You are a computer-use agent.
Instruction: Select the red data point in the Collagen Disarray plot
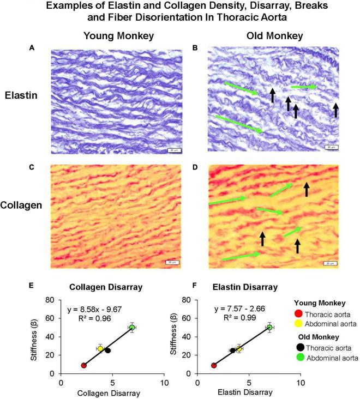[x=83, y=365]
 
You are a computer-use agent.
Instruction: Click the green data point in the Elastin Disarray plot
[x=269, y=327]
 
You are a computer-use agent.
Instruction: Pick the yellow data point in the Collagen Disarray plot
[x=100, y=348]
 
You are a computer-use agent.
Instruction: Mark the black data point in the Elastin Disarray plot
[x=232, y=350]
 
